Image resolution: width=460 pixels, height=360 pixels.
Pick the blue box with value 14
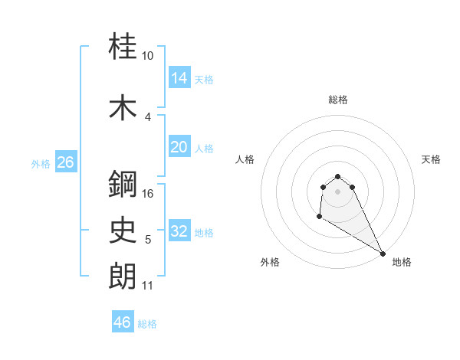point(179,78)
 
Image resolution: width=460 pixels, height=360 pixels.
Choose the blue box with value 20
point(179,147)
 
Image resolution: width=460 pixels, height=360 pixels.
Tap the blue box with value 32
point(179,231)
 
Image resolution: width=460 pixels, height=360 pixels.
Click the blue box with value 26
point(65,162)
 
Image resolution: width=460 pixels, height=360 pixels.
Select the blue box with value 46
point(123,322)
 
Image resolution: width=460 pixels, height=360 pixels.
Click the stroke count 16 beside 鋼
point(149,193)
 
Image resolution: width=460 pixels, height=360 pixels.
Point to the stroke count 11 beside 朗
point(148,286)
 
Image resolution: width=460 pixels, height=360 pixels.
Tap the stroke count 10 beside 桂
point(148,57)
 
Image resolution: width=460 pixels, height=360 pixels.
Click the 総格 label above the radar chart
point(338,100)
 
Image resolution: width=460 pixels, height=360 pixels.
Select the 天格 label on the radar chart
point(432,159)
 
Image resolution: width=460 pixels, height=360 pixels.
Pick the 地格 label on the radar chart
point(402,262)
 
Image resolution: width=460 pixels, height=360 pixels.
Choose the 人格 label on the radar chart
point(245,159)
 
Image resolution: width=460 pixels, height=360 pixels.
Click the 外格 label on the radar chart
point(270,262)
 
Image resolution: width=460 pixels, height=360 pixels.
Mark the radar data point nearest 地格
point(383,254)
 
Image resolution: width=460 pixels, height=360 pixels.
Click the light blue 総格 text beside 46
point(147,324)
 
